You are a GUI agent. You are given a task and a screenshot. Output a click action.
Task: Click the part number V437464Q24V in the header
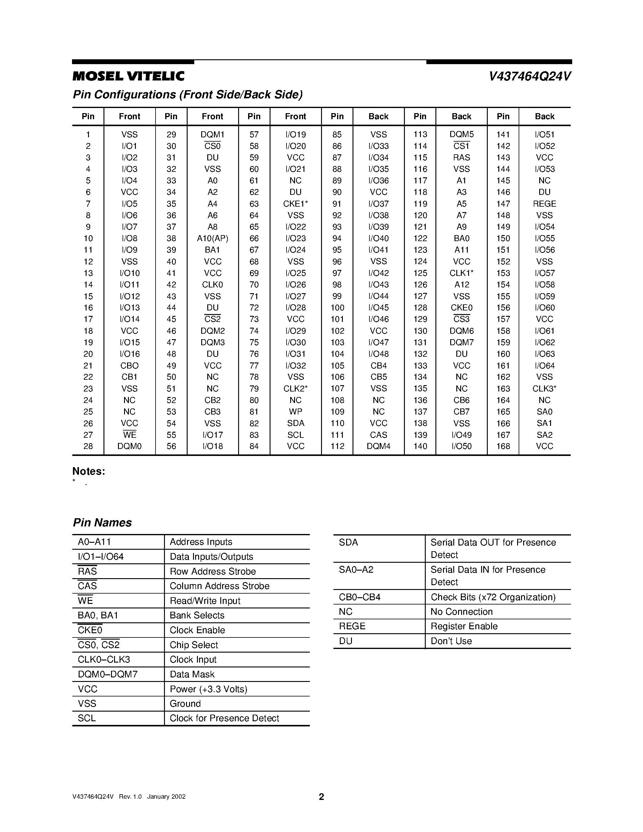(x=530, y=77)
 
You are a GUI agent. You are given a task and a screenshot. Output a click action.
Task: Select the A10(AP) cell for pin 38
(x=212, y=238)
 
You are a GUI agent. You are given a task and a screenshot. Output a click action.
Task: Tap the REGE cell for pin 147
(x=544, y=204)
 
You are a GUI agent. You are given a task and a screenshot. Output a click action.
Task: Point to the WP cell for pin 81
(x=295, y=412)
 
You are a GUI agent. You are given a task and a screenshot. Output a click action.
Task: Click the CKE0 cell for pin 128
(x=461, y=308)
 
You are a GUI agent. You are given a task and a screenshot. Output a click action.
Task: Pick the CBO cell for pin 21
(x=129, y=366)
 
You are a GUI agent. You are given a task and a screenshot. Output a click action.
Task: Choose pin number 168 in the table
(x=503, y=447)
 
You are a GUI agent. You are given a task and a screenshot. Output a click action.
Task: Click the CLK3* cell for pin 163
(x=544, y=388)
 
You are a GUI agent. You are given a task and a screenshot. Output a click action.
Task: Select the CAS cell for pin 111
(x=378, y=435)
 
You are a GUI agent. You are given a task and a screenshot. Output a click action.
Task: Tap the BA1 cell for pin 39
(x=212, y=250)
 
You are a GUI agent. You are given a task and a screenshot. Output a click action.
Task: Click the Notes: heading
(x=88, y=472)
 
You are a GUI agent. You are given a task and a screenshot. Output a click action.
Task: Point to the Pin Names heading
(x=102, y=523)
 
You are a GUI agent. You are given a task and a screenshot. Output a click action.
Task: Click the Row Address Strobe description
(x=212, y=572)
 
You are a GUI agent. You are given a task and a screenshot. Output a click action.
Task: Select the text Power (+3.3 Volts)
(x=208, y=689)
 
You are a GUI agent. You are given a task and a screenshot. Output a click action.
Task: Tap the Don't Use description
(x=451, y=641)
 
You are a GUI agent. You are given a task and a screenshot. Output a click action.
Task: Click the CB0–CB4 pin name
(x=359, y=597)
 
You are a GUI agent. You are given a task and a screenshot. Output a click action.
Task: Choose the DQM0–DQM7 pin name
(x=107, y=674)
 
